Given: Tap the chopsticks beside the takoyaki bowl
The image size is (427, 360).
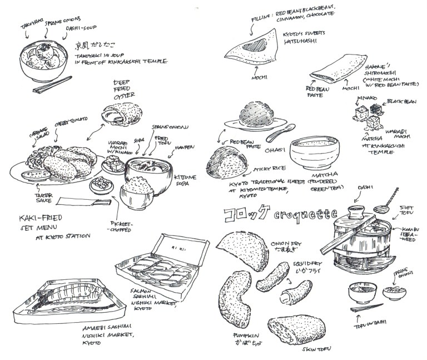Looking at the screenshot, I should click(52, 86).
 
